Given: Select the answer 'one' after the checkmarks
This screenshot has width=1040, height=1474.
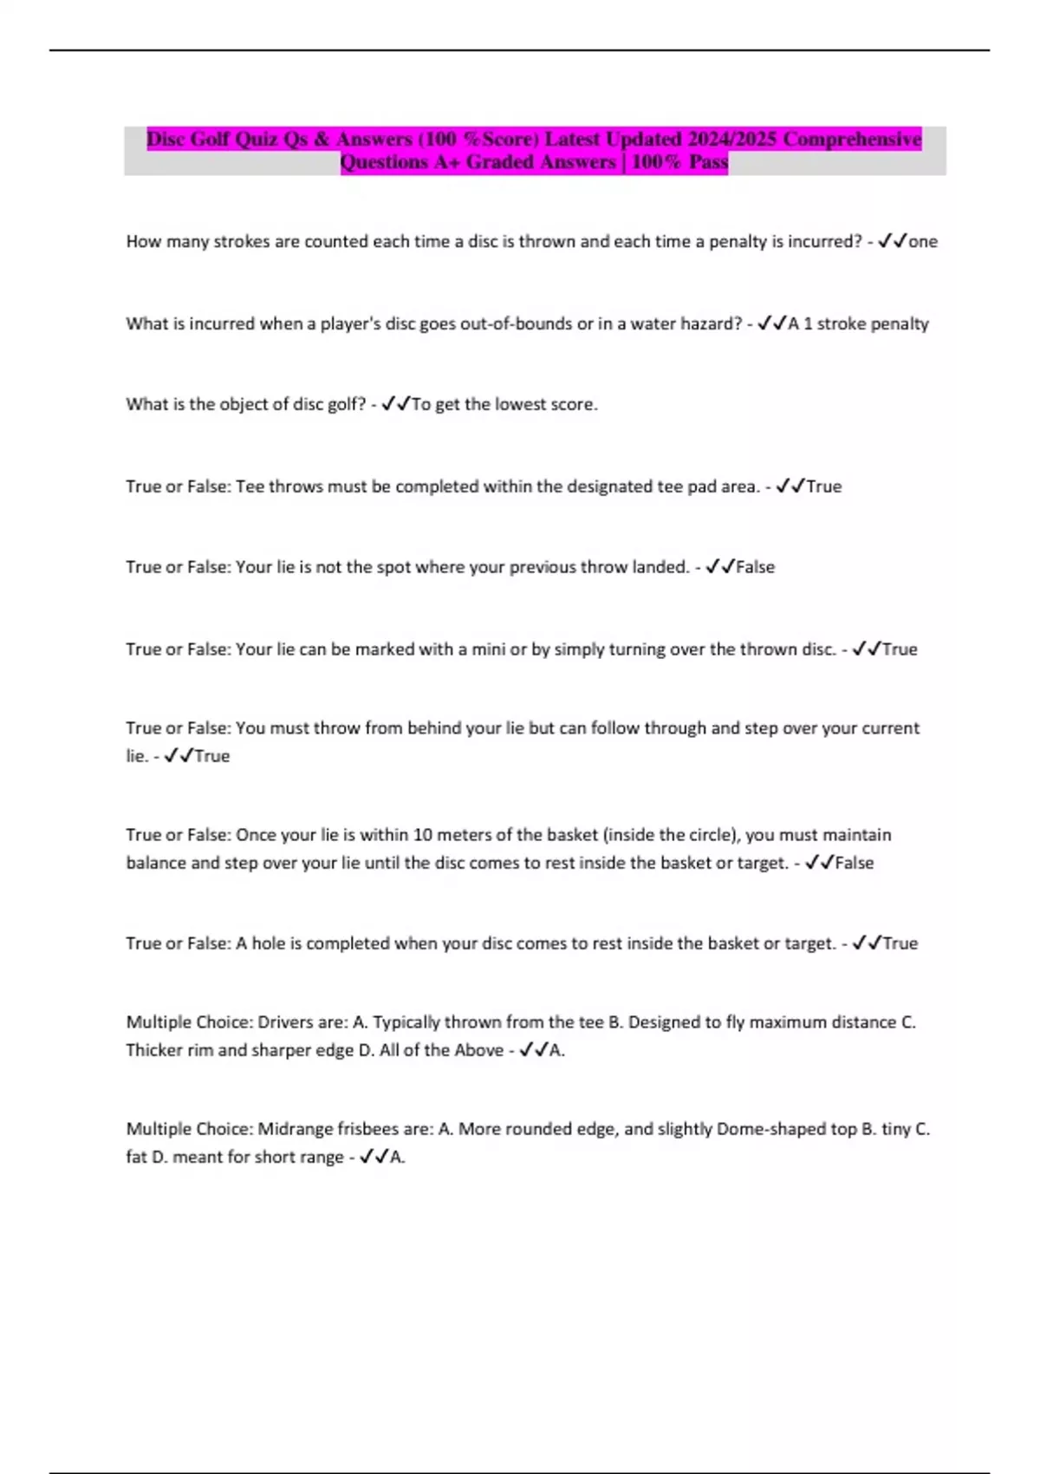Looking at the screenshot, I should [x=923, y=242].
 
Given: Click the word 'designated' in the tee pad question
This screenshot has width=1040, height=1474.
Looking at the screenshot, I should [x=609, y=486].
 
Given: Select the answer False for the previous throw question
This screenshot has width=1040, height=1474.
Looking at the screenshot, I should [x=755, y=567].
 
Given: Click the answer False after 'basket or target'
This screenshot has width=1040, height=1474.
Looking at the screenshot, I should [x=855, y=863].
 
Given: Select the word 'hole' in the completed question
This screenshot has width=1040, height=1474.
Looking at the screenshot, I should [x=269, y=943].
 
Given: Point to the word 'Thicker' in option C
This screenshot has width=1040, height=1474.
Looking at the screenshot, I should [x=154, y=1050].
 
